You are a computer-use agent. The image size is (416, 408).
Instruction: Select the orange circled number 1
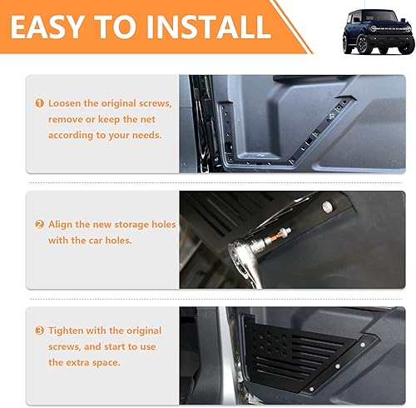[39, 104]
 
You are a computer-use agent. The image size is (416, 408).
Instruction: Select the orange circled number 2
[39, 225]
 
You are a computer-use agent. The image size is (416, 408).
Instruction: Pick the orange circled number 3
[39, 331]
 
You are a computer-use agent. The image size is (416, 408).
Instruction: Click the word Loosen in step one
[67, 104]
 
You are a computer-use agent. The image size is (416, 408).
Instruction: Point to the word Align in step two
[63, 225]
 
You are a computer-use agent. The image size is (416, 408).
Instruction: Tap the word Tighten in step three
[70, 331]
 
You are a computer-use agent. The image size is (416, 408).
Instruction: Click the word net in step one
[160, 120]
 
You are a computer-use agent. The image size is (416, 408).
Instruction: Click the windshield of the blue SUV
[364, 22]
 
